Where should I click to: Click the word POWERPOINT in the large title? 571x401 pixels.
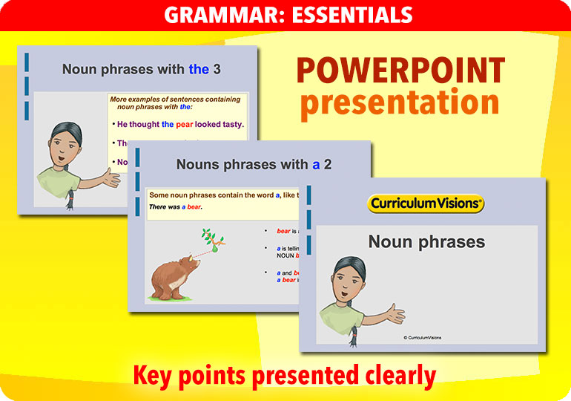point(400,71)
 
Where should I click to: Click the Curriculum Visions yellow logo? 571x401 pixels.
point(426,203)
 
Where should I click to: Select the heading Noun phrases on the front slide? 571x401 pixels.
point(426,241)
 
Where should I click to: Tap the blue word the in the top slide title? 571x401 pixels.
point(199,70)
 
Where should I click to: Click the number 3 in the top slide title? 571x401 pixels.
point(217,70)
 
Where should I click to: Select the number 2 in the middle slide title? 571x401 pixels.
point(327,165)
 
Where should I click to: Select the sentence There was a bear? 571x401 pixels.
point(176,206)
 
